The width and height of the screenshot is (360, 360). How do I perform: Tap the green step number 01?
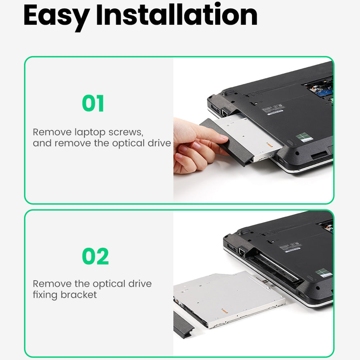point(93,104)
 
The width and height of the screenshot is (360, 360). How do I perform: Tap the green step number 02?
point(95,256)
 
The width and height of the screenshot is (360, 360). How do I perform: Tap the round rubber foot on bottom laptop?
point(243,231)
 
